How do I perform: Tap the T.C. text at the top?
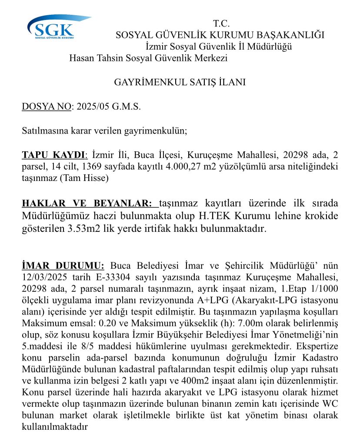pos(221,24)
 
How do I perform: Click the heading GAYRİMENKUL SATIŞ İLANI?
pos(180,82)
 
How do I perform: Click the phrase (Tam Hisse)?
pos(90,178)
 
